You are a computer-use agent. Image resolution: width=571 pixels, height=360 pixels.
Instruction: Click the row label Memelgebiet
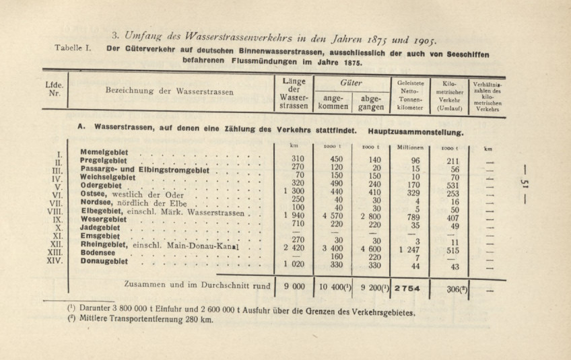104,152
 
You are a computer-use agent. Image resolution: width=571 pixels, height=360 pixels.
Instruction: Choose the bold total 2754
408,287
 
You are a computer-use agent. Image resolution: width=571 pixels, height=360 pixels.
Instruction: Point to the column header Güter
351,82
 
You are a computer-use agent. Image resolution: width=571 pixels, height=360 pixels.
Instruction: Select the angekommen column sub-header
333,102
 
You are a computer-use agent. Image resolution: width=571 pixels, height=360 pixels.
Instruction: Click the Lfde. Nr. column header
55,90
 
